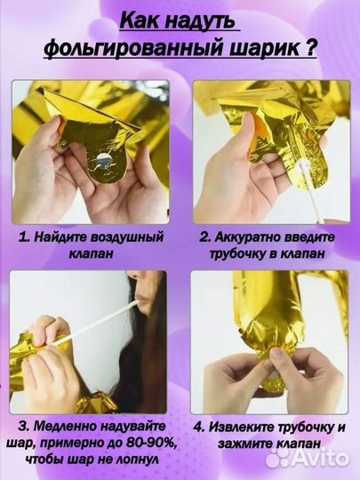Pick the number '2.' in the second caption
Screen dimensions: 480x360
204,237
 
